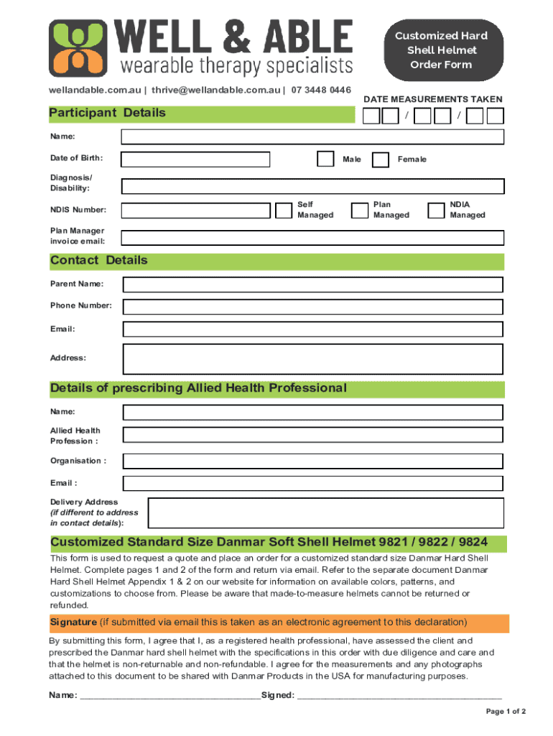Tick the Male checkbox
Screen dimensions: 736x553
325,159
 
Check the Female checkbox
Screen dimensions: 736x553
381,159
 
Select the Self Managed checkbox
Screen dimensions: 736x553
283,210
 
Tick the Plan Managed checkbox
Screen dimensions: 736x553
359,210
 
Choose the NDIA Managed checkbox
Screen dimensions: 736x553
435,210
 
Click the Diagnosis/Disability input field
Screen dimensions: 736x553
312,186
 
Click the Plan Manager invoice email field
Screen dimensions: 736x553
312,237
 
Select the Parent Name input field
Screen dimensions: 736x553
312,285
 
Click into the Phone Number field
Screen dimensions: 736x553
312,307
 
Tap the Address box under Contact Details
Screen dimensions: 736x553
312,358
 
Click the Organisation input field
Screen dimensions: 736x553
312,461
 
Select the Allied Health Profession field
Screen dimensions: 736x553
312,436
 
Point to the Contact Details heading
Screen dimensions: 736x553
99,260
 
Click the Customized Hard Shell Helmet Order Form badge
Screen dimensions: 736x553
442,50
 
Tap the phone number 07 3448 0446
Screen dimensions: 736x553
321,91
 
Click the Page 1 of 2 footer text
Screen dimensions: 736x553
506,712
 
